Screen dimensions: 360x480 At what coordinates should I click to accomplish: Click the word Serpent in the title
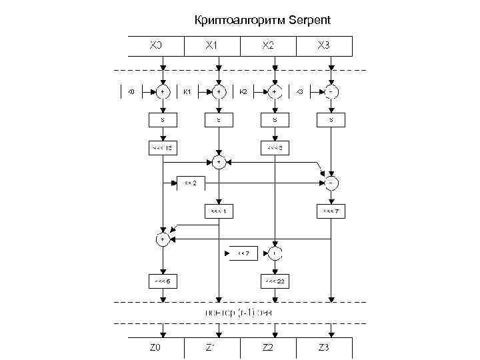tap(310, 20)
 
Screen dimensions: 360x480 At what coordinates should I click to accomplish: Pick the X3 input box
tap(323, 45)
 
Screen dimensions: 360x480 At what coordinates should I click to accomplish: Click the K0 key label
tap(131, 91)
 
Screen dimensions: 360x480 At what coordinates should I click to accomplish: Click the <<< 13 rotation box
tap(162, 147)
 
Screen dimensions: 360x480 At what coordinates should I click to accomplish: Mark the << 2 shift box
tap(190, 183)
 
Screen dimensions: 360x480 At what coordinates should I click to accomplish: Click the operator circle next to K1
tap(219, 91)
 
